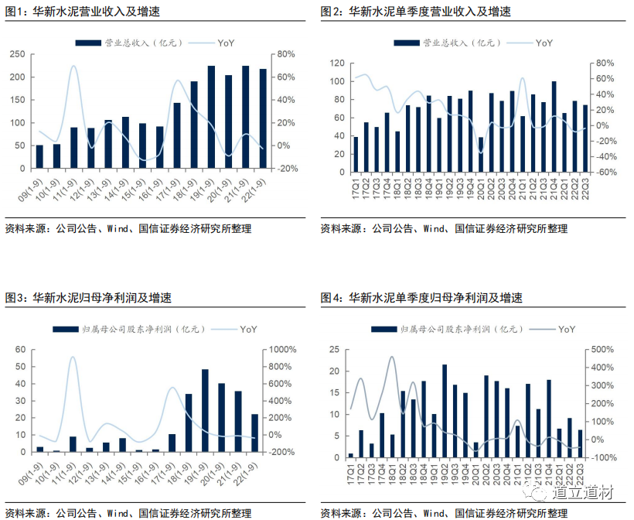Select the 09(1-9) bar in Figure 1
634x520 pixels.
pyautogui.click(x=39, y=156)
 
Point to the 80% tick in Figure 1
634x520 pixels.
pyautogui.click(x=287, y=54)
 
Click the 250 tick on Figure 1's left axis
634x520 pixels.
pyautogui.click(x=19, y=54)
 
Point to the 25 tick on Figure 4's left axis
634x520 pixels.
pyautogui.click(x=335, y=350)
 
